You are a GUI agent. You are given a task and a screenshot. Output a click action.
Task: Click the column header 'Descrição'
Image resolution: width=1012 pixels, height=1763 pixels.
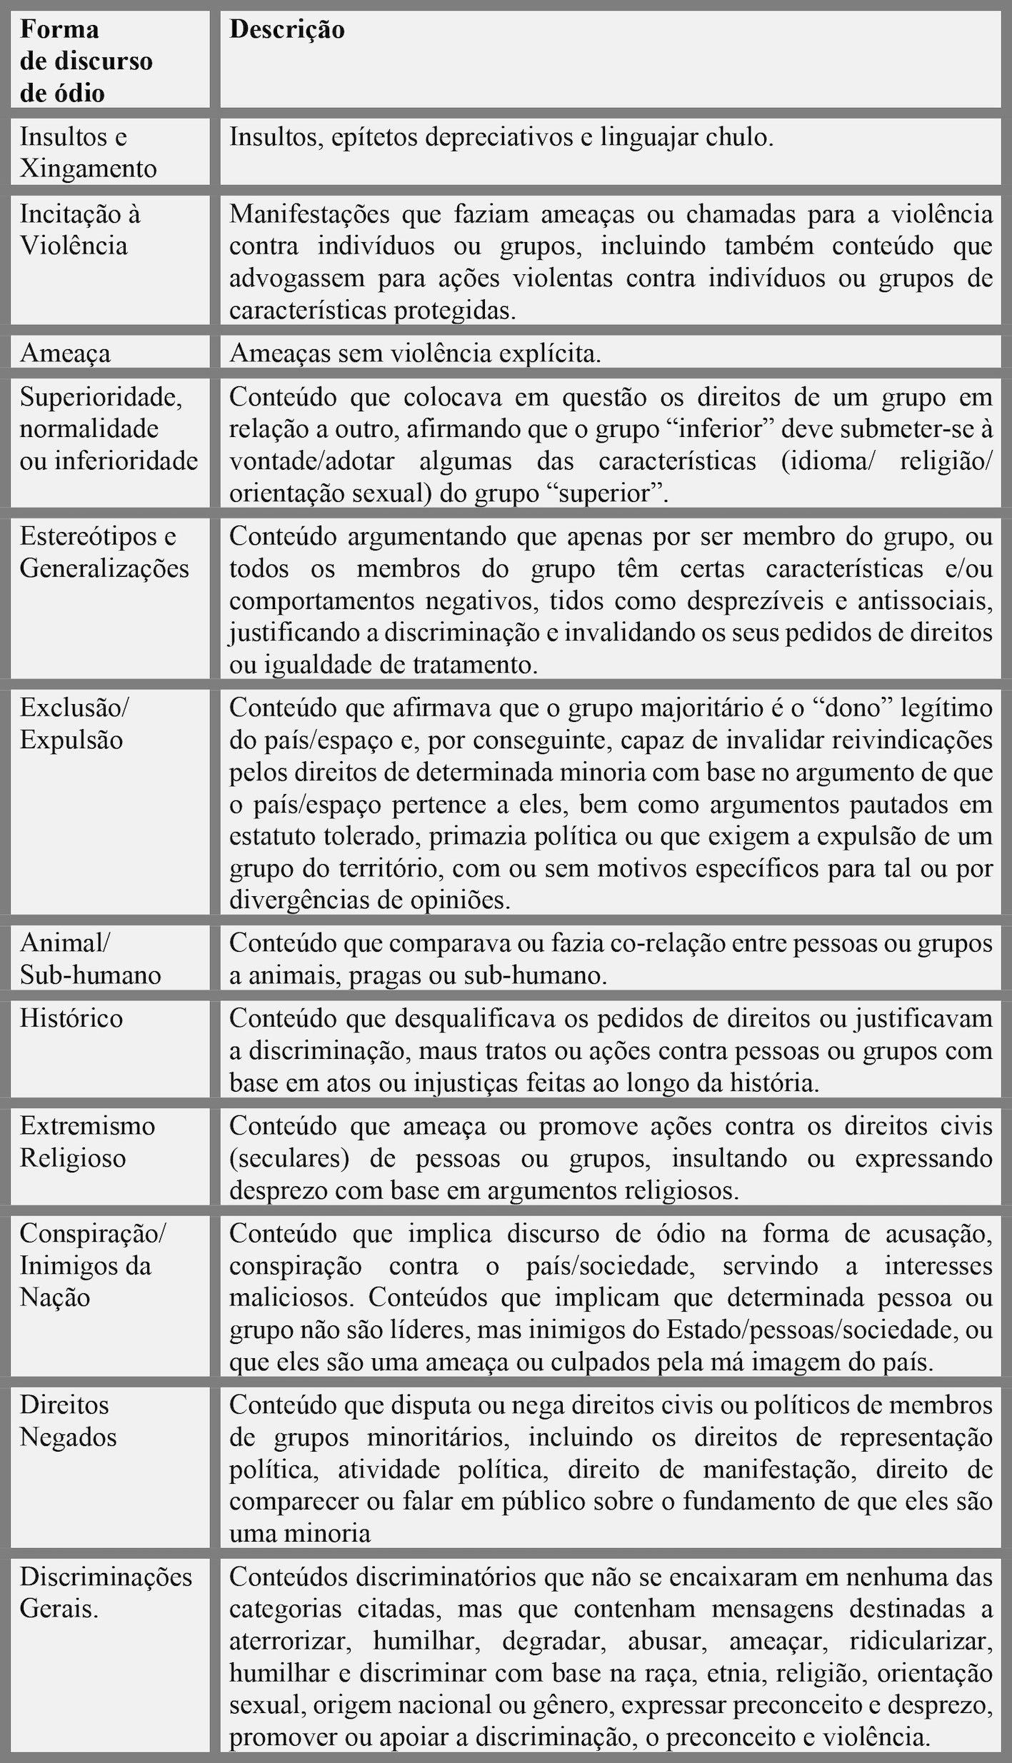(286, 29)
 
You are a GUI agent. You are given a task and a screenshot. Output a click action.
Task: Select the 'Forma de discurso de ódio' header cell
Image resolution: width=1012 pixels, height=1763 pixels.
(86, 61)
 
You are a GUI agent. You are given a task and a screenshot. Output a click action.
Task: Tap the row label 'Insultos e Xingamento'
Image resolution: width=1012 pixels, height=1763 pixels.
(88, 152)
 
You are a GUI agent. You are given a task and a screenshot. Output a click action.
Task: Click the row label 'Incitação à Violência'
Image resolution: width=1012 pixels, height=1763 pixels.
(80, 229)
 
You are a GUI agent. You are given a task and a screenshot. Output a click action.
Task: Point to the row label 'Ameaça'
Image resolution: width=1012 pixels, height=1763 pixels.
(65, 353)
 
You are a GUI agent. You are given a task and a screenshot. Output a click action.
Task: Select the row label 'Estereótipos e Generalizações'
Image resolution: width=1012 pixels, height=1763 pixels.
(104, 552)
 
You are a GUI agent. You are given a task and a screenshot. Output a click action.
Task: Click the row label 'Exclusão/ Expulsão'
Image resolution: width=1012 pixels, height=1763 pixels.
(74, 723)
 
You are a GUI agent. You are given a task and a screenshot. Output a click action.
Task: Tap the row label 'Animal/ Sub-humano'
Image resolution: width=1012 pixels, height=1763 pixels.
(90, 959)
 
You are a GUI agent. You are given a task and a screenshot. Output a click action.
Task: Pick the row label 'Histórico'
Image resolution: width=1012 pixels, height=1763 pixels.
(71, 1018)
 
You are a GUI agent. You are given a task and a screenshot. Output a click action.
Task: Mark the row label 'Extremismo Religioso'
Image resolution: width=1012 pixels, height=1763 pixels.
(87, 1141)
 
